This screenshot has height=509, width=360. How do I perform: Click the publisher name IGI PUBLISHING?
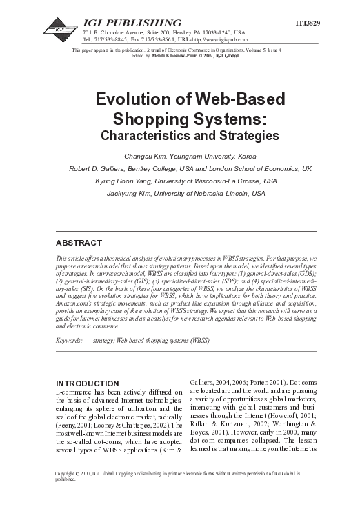(x=132, y=23)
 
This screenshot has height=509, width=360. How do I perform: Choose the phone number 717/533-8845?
(x=112, y=39)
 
